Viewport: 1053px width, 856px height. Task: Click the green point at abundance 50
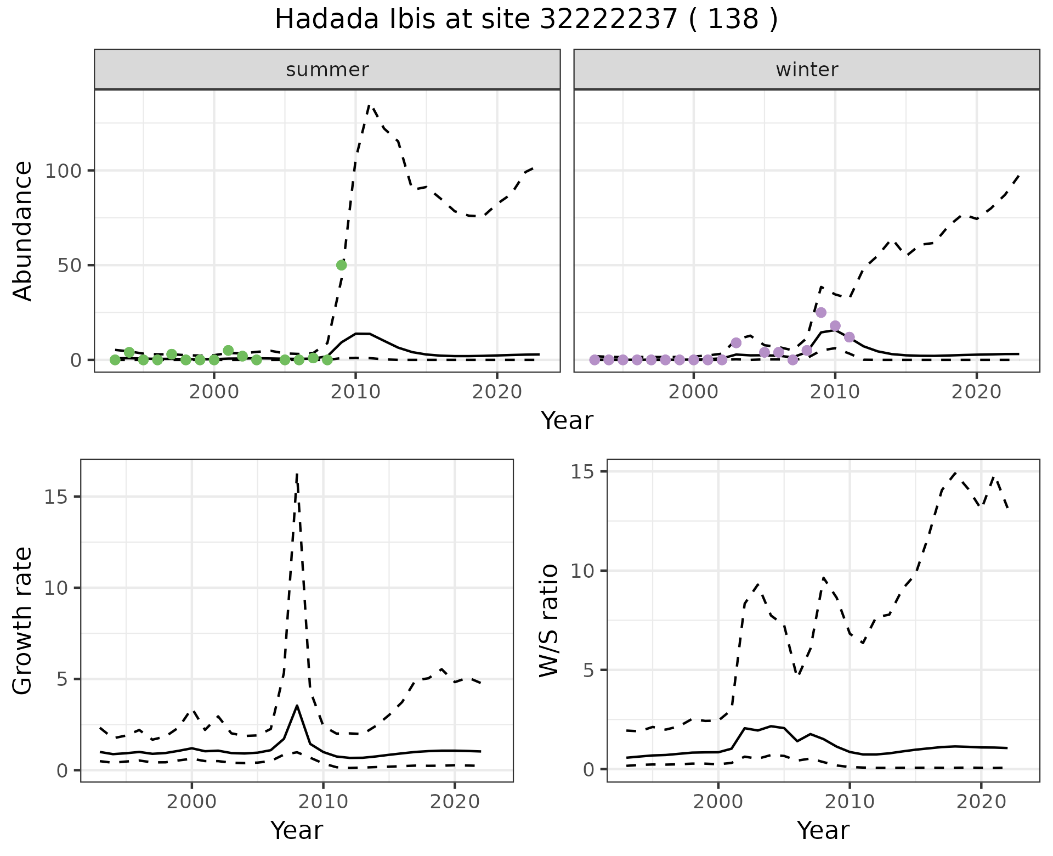341,265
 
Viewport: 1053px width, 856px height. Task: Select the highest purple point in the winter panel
820,312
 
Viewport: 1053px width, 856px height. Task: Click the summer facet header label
327,70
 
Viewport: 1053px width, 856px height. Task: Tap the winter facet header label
806,70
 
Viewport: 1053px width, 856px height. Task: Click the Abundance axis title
23,230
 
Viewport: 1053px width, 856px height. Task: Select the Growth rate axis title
23,621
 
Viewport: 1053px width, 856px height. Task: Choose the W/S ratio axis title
549,621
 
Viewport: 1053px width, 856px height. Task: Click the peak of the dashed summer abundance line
369,105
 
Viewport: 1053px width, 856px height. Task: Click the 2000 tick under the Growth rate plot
191,802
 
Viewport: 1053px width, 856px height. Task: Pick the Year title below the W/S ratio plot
823,830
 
